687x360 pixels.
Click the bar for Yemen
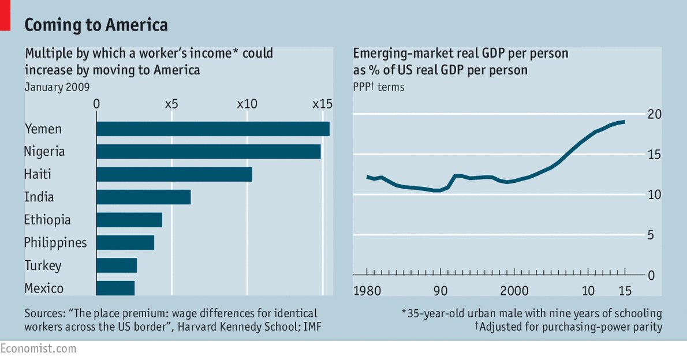(x=212, y=129)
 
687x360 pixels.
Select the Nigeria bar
(x=208, y=151)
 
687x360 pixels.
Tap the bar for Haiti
(x=174, y=174)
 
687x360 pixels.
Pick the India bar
(x=143, y=197)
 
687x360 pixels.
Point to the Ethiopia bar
(x=129, y=220)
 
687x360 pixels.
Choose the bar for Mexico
(x=115, y=288)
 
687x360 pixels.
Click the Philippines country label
(x=55, y=243)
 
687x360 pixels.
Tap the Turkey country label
(x=43, y=265)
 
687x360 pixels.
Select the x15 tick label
(x=322, y=104)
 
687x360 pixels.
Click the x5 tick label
(x=171, y=104)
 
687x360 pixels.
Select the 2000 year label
(x=514, y=290)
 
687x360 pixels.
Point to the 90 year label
(x=440, y=290)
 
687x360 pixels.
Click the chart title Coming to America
(x=96, y=25)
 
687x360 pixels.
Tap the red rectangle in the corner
(x=5, y=16)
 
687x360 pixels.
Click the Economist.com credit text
(x=38, y=348)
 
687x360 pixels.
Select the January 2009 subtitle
(x=57, y=87)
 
